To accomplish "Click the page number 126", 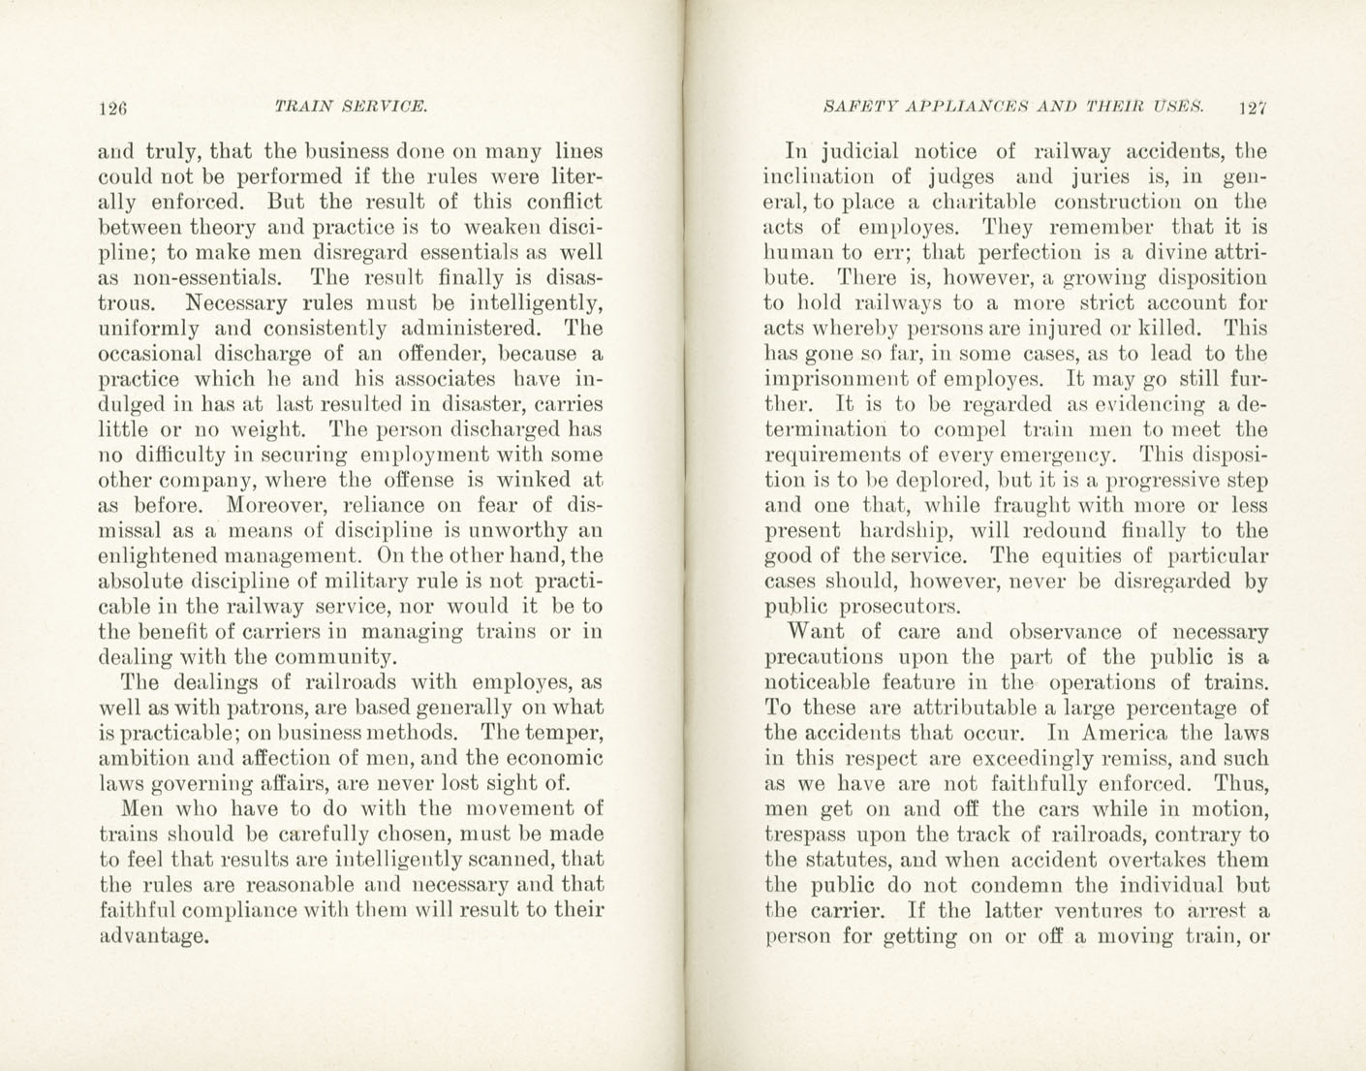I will click(113, 110).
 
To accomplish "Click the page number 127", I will click(1253, 109).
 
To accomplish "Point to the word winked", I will click(527, 480).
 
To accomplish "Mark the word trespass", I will click(806, 835).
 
